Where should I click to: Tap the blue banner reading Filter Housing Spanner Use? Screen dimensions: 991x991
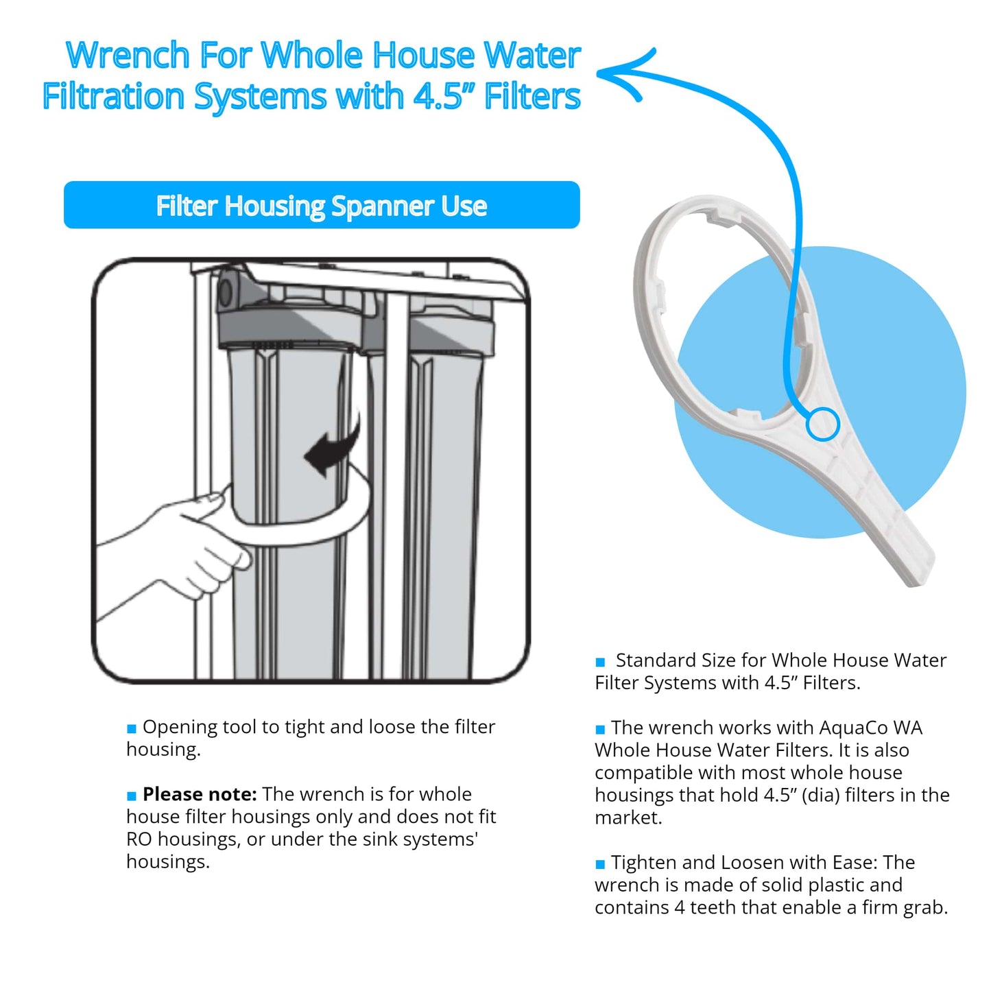point(322,204)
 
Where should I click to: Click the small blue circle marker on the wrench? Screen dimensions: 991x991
point(823,424)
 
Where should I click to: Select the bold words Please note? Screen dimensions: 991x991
point(200,794)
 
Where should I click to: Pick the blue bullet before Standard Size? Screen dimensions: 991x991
point(599,662)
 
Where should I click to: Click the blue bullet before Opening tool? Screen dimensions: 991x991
point(132,728)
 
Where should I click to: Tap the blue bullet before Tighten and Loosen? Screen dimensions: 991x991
point(599,864)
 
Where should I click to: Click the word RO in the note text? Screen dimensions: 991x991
point(139,839)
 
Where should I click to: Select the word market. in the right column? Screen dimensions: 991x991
point(628,817)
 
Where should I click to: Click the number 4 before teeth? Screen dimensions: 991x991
point(680,907)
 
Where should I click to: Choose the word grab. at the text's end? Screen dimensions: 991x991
point(925,909)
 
